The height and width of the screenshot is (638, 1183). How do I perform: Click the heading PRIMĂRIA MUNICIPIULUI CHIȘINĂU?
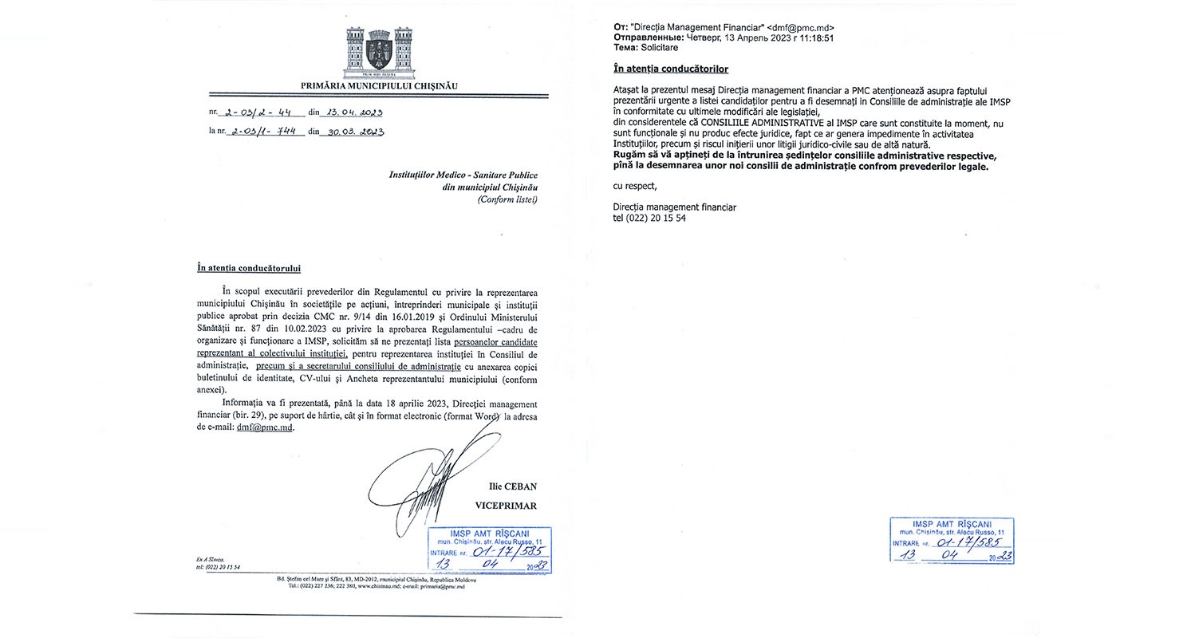(380, 86)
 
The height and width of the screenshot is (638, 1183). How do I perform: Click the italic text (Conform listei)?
(507, 199)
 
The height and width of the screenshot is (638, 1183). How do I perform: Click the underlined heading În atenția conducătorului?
(249, 269)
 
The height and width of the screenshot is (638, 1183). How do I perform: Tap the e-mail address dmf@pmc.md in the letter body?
(266, 427)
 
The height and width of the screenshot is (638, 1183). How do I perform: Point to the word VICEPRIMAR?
(506, 506)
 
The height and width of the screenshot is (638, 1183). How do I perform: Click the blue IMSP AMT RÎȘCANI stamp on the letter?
(490, 549)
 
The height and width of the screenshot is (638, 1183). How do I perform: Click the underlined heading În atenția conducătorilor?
(671, 69)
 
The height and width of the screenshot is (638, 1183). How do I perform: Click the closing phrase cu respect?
(636, 186)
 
